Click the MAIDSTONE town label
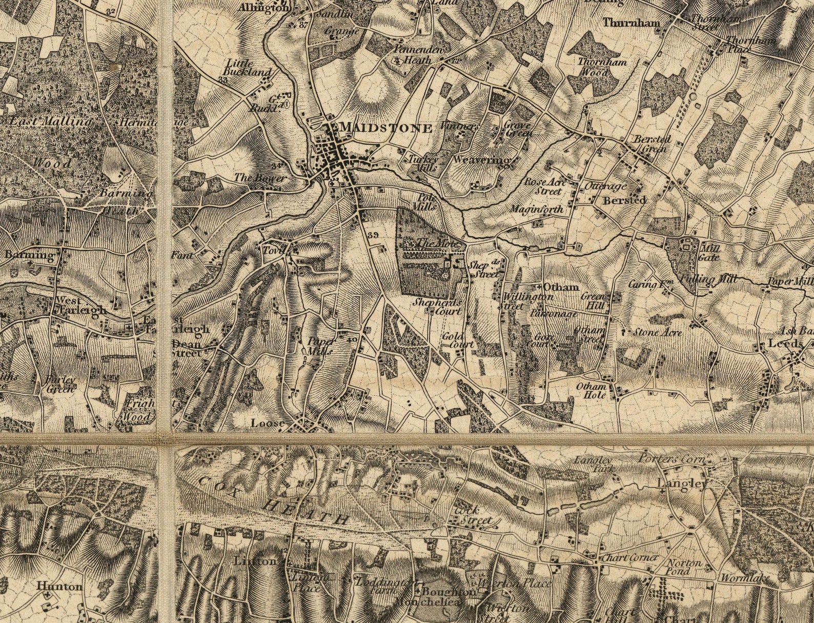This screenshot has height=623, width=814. (386, 128)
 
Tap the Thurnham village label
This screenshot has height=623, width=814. (630, 23)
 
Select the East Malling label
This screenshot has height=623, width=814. (50, 122)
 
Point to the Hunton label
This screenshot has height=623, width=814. (59, 586)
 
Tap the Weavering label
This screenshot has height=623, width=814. (481, 160)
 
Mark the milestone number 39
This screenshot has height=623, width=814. (373, 235)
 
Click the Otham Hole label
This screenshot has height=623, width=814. (592, 390)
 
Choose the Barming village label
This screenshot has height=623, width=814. (29, 255)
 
